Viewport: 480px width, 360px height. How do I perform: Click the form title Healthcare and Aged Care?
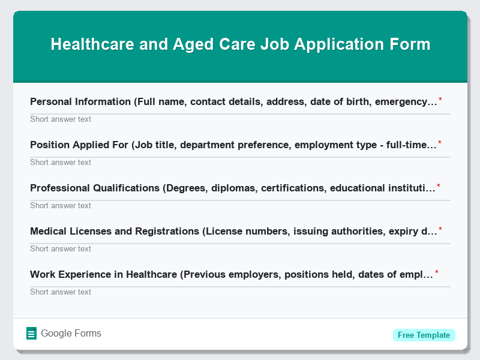(x=240, y=44)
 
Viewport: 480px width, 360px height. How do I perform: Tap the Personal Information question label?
(x=233, y=102)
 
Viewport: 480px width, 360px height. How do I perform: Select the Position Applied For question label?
(x=233, y=145)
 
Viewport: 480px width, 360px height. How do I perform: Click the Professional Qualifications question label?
(x=233, y=188)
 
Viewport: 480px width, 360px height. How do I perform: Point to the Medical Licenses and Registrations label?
(x=233, y=232)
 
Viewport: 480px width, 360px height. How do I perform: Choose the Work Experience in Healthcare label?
(x=232, y=275)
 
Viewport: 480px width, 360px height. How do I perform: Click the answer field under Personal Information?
(x=240, y=119)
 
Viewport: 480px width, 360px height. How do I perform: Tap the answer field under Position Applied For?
(x=240, y=162)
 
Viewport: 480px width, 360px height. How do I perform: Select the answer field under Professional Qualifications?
(x=240, y=205)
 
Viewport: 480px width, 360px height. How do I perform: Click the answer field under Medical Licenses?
(x=240, y=248)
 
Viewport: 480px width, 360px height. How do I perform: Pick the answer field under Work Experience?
(x=240, y=292)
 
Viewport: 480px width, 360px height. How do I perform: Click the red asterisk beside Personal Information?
(x=440, y=100)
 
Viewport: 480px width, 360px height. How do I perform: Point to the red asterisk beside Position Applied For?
(x=440, y=143)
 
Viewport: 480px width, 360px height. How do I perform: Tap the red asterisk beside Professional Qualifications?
(x=439, y=186)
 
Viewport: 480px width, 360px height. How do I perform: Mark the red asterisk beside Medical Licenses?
(x=440, y=229)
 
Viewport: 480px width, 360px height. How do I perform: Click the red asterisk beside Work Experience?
(x=437, y=272)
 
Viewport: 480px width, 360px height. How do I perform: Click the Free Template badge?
(x=424, y=335)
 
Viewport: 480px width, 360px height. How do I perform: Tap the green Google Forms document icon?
(x=31, y=334)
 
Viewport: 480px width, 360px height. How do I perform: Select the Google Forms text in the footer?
(x=71, y=334)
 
